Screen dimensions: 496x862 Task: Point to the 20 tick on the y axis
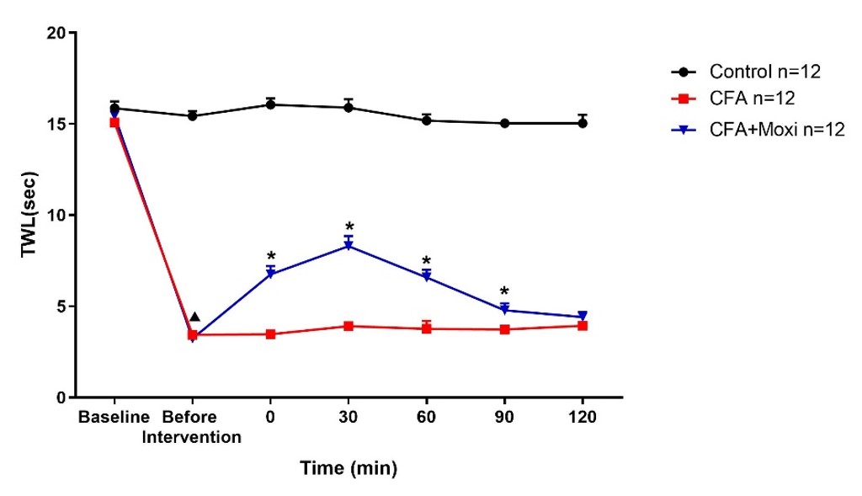tap(56, 33)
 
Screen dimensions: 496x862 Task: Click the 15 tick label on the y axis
tap(56, 124)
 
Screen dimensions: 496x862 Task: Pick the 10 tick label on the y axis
tap(56, 215)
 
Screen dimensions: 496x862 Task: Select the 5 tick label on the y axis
tap(61, 306)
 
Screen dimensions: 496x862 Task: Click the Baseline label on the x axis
tap(114, 418)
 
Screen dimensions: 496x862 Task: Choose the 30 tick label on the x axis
tap(348, 418)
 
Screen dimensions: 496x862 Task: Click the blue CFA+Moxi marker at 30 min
tap(348, 246)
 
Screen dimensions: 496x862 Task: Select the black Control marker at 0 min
tap(270, 104)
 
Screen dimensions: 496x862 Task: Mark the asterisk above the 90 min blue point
tap(503, 291)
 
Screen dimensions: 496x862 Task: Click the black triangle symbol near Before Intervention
tap(194, 317)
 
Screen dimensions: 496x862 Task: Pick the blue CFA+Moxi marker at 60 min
tap(426, 276)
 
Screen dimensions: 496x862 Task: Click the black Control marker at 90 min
tap(504, 123)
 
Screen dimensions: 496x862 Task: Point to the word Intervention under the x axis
tap(192, 437)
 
